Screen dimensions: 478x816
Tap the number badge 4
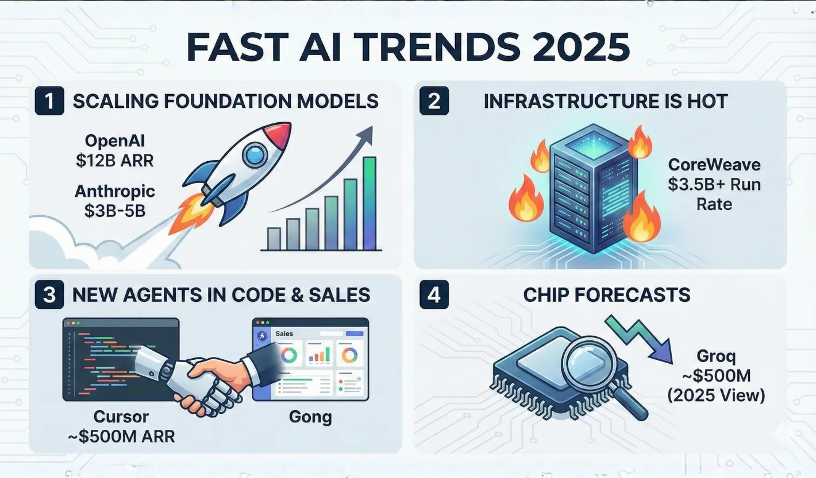(x=434, y=295)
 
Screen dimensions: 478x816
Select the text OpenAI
(x=114, y=141)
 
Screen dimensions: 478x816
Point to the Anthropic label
(x=115, y=191)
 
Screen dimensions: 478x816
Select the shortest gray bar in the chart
(x=274, y=238)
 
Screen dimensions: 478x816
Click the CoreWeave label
(x=714, y=165)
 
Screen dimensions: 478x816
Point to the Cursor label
(x=121, y=416)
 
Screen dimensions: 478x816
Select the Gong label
(x=310, y=416)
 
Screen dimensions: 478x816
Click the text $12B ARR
(x=114, y=161)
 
